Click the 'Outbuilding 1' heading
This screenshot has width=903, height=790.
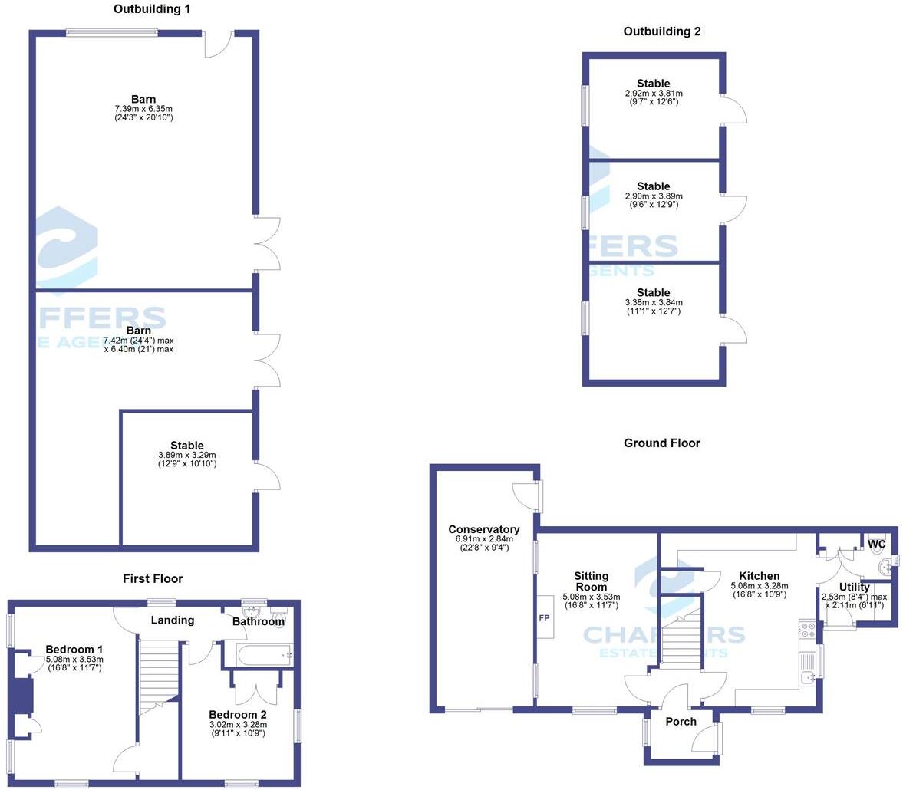[152, 9]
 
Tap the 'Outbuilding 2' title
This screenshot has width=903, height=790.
[661, 31]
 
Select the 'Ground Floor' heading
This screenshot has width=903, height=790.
[661, 443]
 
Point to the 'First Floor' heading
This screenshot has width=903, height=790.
[153, 578]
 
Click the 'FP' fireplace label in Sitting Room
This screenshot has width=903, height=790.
[545, 617]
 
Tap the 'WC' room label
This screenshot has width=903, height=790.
[876, 544]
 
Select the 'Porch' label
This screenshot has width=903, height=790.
[681, 721]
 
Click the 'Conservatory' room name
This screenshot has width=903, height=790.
[483, 529]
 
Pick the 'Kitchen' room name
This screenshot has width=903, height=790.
[759, 576]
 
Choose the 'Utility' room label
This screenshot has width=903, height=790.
[854, 588]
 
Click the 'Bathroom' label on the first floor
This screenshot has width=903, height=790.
[259, 621]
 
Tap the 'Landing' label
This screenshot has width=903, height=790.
[172, 620]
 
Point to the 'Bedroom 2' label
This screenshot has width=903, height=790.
[237, 715]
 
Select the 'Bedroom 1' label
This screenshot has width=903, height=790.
[74, 649]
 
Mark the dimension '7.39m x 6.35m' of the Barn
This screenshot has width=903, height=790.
[143, 109]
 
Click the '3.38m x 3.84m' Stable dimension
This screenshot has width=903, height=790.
[653, 302]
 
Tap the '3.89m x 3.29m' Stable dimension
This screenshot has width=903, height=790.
[186, 455]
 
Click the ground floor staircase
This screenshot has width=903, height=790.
[681, 641]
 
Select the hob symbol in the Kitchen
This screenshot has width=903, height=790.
[807, 630]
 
